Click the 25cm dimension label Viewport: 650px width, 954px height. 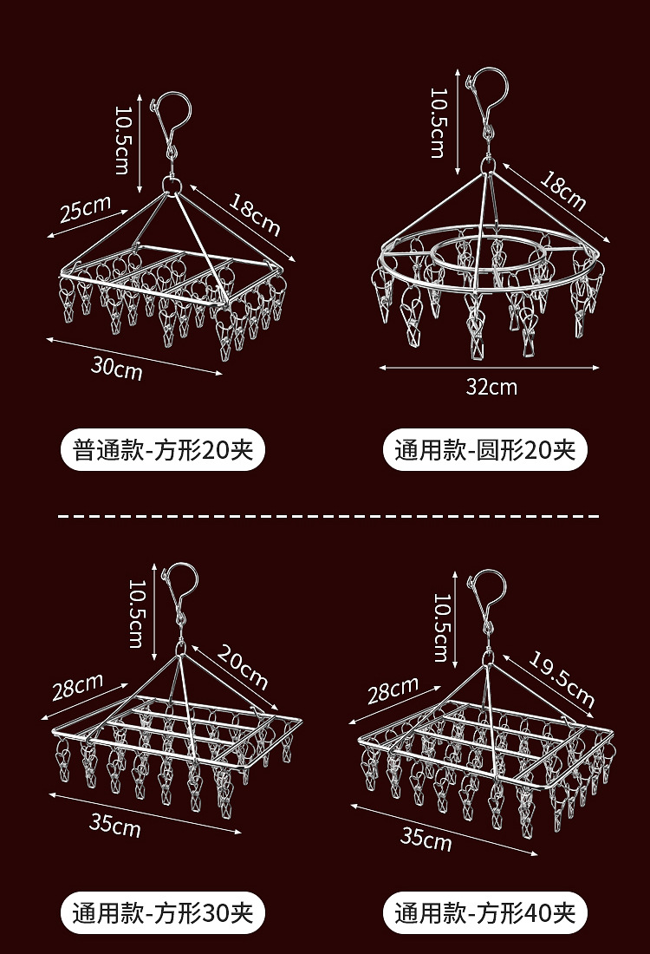pos(85,210)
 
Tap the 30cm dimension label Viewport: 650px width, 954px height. pos(116,368)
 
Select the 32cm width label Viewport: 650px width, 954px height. pos(491,387)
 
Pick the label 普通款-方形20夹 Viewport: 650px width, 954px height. pos(163,451)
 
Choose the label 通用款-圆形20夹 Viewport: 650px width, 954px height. pos(484,451)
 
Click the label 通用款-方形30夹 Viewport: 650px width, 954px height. pos(163,912)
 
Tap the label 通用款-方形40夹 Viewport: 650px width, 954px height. pos(484,912)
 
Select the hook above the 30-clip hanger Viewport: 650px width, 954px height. pos(180,586)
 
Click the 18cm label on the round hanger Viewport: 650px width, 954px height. pos(564,190)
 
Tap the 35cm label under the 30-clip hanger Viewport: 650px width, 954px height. pos(115,825)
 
